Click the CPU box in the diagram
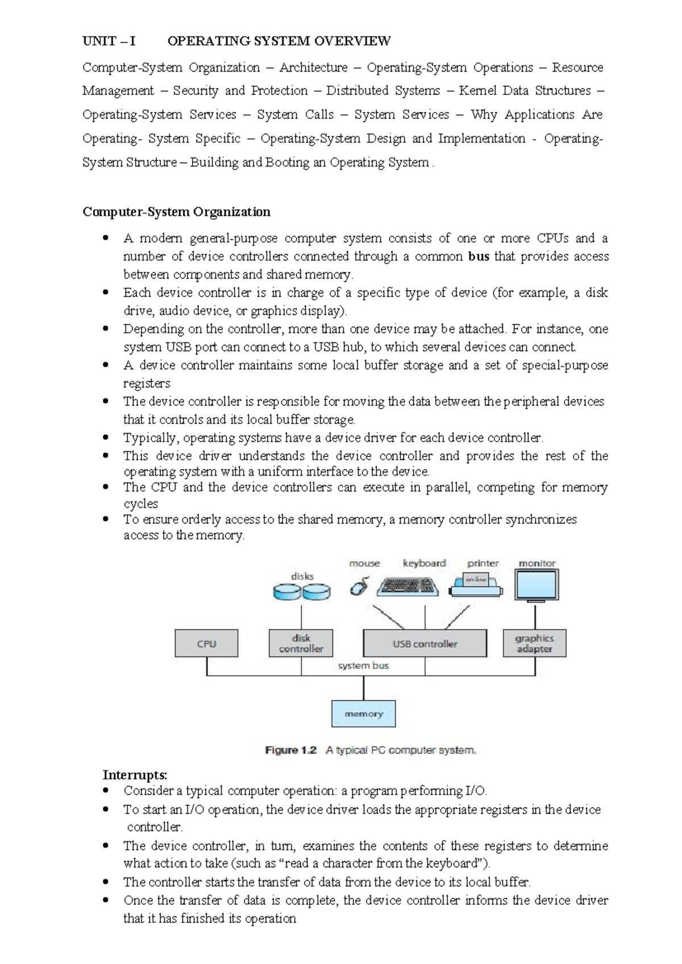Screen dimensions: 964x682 206,643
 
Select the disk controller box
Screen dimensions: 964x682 301,643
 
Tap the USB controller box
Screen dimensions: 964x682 425,643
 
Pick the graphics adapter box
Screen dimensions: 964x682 534,643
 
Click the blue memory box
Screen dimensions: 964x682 363,713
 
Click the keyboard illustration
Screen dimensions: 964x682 408,586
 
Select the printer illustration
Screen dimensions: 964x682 476,585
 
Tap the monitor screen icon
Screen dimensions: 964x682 536,585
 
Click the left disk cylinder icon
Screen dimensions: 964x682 286,592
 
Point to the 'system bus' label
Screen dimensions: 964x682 363,665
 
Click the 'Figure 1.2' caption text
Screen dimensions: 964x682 290,750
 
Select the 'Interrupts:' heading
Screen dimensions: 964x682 135,775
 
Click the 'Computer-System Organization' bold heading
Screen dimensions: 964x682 176,212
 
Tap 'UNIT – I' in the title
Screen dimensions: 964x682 109,41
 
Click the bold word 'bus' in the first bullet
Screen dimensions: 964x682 479,256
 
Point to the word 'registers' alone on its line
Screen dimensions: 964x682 147,383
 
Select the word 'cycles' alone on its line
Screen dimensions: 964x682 140,504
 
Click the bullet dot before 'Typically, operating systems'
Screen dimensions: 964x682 105,438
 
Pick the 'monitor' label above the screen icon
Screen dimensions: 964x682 537,563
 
